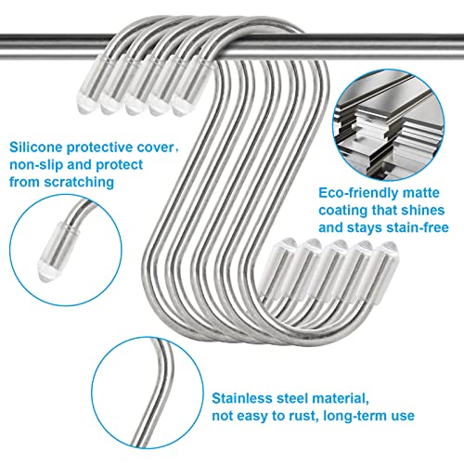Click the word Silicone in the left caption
point(36,148)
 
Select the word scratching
point(79,182)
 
